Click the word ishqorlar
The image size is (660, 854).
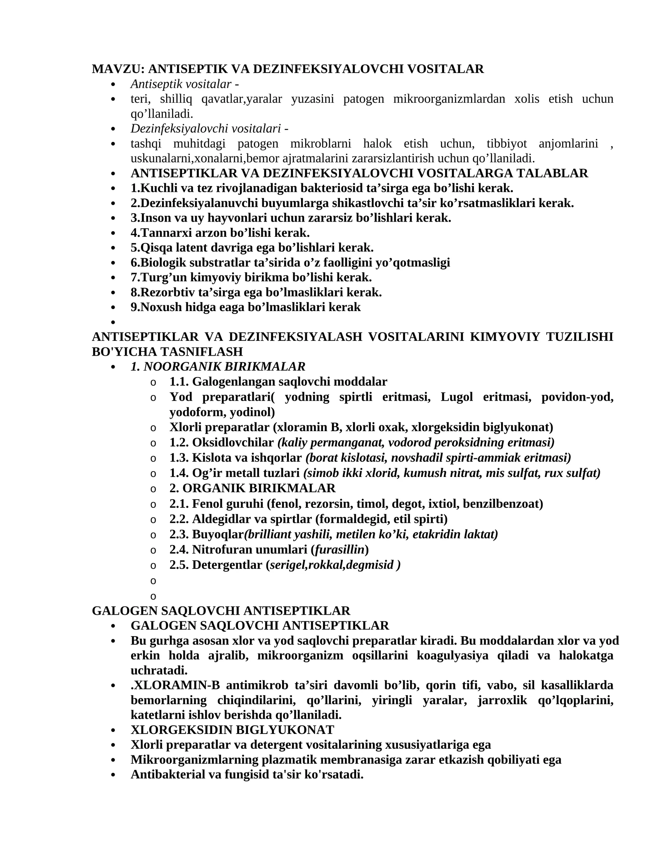(x=280, y=458)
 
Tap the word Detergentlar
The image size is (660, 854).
(x=227, y=565)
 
